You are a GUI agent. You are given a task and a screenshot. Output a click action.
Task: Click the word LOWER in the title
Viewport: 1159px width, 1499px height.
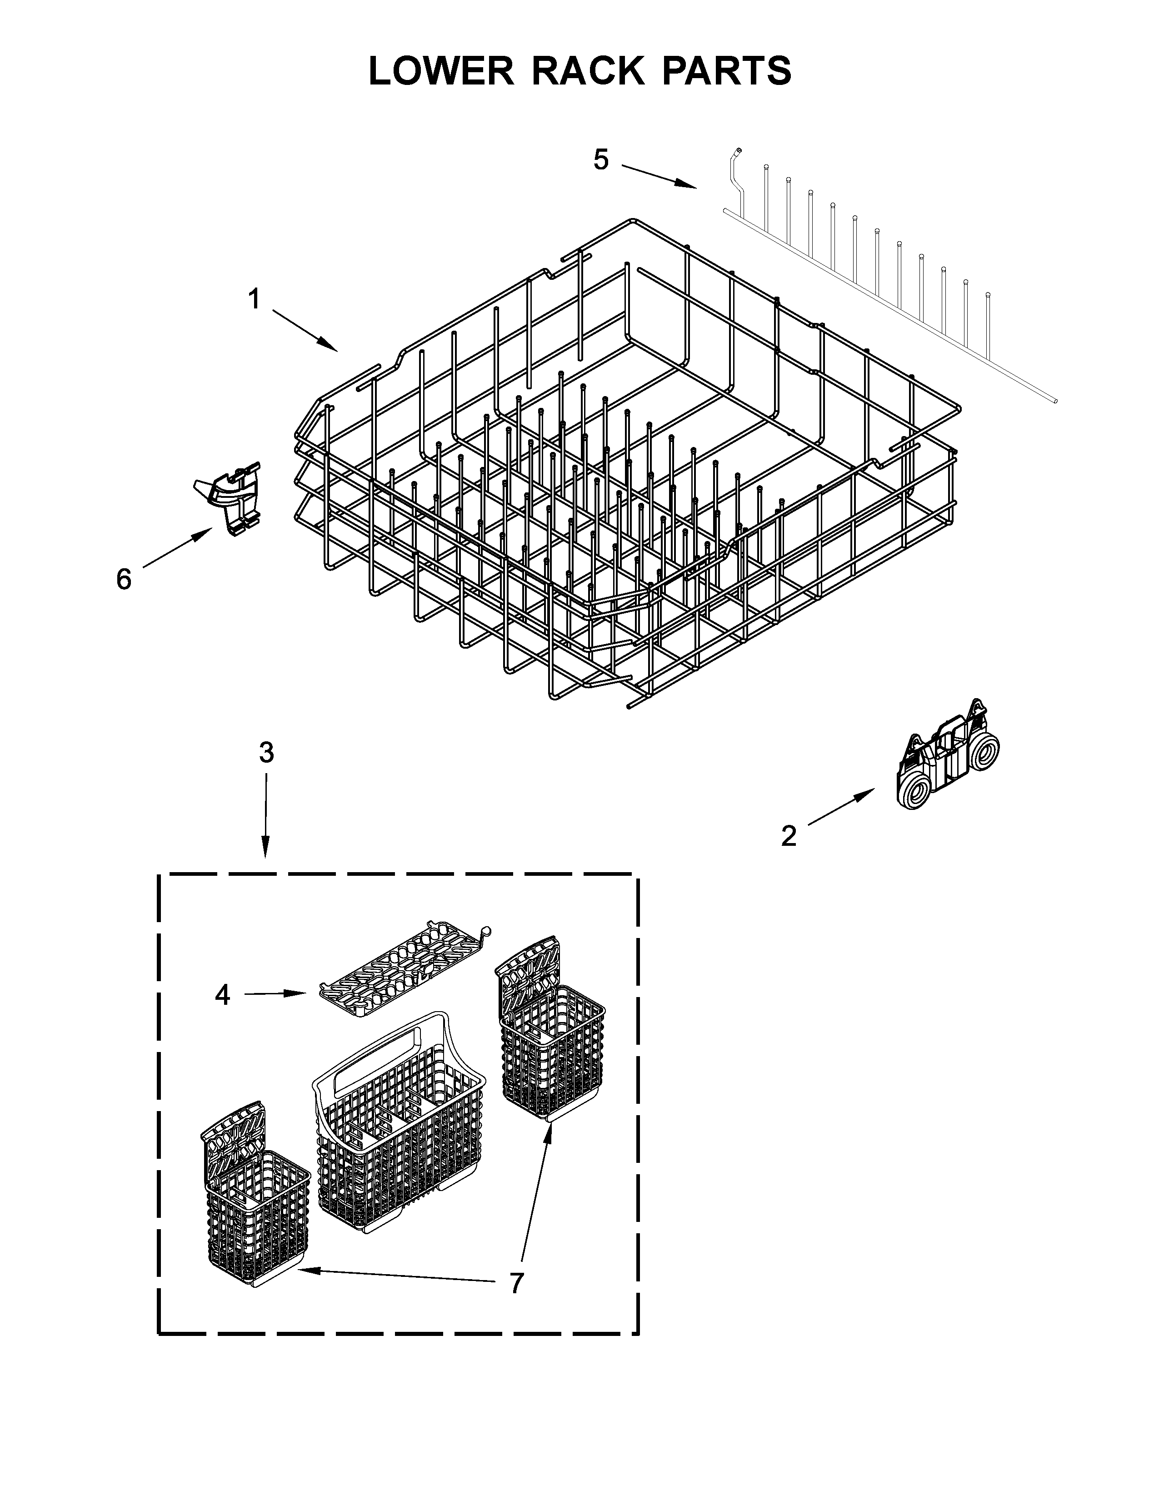[x=441, y=71]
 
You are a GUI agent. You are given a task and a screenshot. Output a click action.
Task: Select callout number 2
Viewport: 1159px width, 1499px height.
[x=788, y=836]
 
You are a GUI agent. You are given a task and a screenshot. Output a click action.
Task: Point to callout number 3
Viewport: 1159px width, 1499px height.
[x=266, y=753]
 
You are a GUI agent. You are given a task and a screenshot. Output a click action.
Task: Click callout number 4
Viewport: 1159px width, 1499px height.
[x=222, y=994]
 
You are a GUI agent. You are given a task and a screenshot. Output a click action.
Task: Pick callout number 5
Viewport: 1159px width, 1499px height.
[x=601, y=160]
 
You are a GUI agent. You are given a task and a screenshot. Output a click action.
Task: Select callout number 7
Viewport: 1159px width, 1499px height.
[x=516, y=1282]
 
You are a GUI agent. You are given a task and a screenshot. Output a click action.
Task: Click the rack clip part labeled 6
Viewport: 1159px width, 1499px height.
[x=230, y=497]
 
